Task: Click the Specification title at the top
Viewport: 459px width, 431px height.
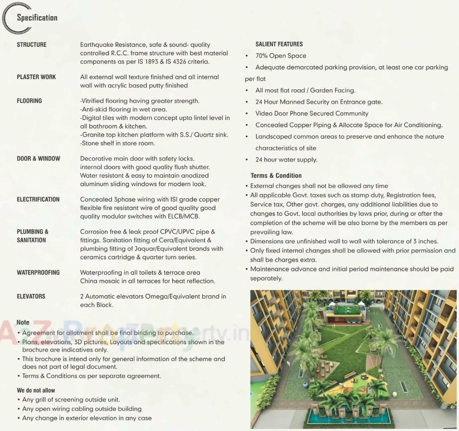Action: (37, 18)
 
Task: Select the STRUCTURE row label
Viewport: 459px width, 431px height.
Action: (32, 45)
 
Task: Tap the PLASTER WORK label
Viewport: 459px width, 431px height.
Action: (36, 77)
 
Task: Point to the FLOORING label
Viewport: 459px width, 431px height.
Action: (29, 101)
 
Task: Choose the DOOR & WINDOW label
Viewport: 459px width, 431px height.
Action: (38, 159)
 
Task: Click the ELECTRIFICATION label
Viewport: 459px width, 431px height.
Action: (38, 200)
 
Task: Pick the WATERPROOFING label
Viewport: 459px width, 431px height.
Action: (38, 272)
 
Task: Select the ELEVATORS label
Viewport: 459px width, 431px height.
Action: (31, 296)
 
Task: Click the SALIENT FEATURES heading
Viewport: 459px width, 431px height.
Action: (279, 44)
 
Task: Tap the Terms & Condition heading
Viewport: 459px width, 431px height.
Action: (276, 175)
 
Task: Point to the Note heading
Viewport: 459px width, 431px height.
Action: (23, 322)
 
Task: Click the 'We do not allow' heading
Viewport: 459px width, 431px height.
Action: (36, 390)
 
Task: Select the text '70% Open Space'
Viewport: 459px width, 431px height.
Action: (281, 56)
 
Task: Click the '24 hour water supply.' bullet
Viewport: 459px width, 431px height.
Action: (286, 160)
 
